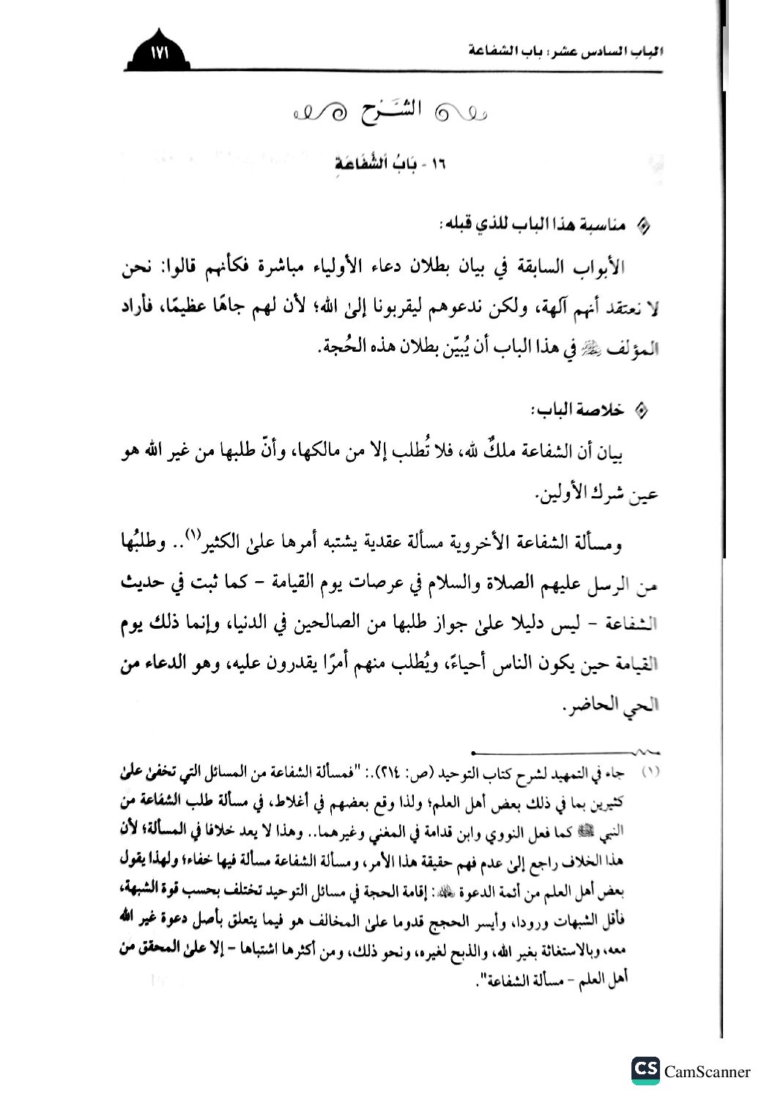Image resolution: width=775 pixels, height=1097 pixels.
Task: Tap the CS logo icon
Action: (x=644, y=1070)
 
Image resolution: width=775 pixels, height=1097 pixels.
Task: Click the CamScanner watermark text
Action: (x=708, y=1071)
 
